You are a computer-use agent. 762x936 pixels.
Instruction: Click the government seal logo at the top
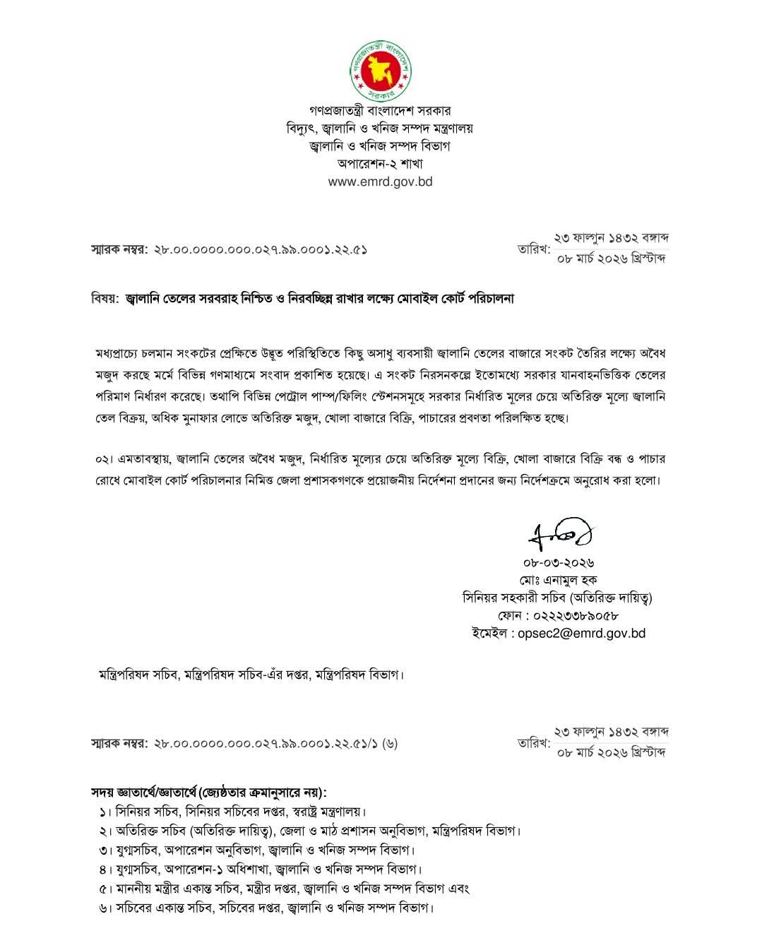381,69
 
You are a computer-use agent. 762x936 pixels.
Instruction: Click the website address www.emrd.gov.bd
380,181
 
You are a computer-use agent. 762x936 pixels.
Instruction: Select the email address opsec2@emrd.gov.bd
582,633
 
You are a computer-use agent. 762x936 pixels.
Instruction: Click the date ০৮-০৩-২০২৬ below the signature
558,563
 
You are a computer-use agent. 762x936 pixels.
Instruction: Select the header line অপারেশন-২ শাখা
380,163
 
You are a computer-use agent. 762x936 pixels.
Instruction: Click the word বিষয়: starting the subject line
105,299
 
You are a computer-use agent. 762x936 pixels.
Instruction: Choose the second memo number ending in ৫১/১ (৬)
275,743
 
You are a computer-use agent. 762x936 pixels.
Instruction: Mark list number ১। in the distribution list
107,811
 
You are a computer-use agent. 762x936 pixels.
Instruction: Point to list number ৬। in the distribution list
107,907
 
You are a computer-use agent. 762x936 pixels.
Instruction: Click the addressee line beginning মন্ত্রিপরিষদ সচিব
251,675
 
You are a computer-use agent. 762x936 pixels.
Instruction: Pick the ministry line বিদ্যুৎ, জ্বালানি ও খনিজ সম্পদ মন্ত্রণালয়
380,128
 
